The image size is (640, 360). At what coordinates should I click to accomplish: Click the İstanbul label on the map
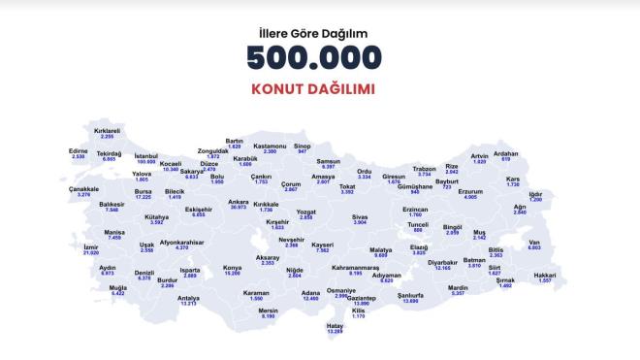(x=145, y=155)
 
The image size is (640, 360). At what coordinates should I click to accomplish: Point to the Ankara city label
(x=239, y=202)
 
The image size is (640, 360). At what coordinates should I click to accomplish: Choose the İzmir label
(x=118, y=247)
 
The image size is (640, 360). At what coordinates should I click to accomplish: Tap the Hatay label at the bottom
(x=336, y=326)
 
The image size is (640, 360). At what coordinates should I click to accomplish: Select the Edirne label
(x=80, y=151)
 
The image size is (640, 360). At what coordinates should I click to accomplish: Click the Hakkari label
(x=571, y=276)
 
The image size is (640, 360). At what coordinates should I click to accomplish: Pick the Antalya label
(x=188, y=298)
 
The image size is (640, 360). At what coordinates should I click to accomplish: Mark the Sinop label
(x=302, y=147)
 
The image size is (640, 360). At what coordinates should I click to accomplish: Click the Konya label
(x=233, y=267)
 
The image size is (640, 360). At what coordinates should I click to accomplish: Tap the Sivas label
(x=360, y=217)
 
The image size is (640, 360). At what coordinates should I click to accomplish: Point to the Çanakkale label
(x=84, y=189)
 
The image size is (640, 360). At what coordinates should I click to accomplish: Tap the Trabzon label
(x=424, y=168)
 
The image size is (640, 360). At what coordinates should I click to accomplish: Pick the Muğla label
(x=118, y=287)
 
